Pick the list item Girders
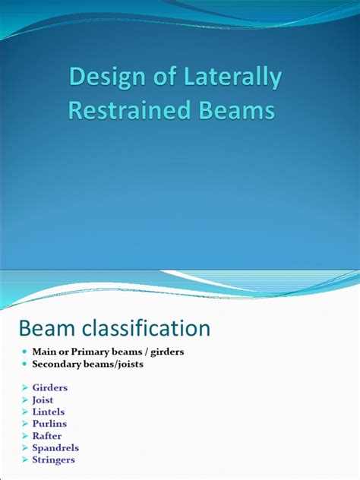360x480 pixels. click(x=49, y=387)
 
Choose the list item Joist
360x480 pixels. click(x=44, y=399)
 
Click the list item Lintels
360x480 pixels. click(x=49, y=412)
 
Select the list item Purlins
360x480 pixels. click(x=49, y=424)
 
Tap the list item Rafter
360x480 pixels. click(x=47, y=436)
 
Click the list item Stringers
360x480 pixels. click(x=53, y=459)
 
